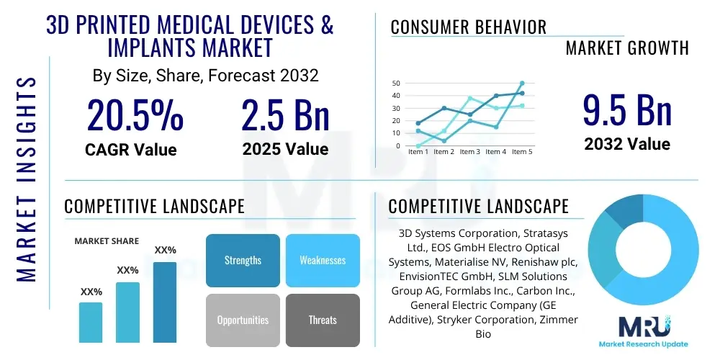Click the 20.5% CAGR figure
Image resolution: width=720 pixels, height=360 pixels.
click(135, 115)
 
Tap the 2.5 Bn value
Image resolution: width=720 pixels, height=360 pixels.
click(285, 115)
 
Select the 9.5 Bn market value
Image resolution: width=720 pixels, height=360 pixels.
click(627, 111)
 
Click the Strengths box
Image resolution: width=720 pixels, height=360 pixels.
click(243, 260)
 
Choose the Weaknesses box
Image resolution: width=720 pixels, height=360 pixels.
click(323, 260)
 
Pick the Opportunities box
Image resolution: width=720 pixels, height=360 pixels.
click(243, 320)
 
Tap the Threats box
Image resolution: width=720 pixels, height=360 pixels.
click(323, 320)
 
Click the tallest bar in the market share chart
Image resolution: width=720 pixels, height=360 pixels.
click(165, 302)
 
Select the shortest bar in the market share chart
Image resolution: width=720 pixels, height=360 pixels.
click(91, 322)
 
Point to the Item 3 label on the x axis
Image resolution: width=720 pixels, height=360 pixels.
click(469, 152)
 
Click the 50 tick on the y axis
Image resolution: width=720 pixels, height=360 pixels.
click(395, 84)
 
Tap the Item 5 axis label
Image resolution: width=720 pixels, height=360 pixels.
click(521, 152)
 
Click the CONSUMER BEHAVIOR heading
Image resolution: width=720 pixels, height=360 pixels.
click(468, 27)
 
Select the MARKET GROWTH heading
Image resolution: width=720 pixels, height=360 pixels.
click(627, 48)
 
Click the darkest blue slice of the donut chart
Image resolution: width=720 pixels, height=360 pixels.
click(620, 212)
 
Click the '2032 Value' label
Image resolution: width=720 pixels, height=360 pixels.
click(627, 144)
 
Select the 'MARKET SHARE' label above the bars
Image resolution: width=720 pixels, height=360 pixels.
click(107, 241)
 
